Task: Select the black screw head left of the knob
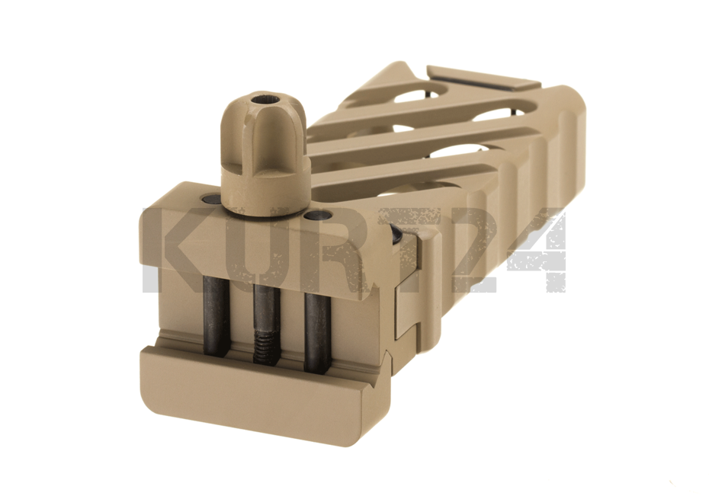coord(210,198)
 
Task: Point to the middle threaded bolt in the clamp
coord(268,324)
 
